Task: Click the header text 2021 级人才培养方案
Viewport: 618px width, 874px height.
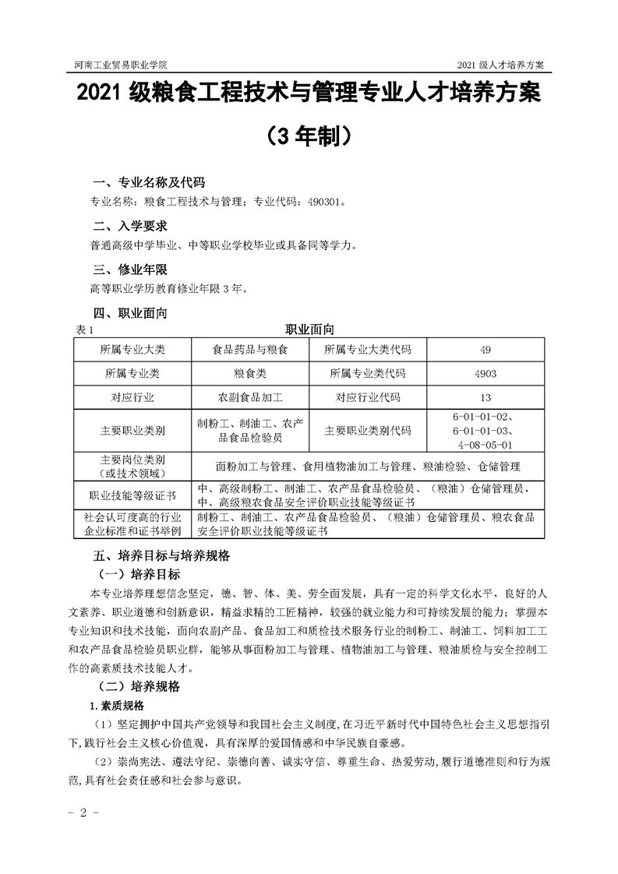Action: [x=500, y=62]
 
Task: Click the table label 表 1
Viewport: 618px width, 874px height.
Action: [x=83, y=330]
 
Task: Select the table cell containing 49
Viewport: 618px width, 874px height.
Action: [x=486, y=349]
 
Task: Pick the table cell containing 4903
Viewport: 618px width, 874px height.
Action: [x=486, y=373]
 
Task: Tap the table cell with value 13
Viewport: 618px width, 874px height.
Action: [x=486, y=397]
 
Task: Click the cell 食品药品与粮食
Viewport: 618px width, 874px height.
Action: [x=250, y=349]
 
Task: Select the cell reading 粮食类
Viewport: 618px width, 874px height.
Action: [x=250, y=373]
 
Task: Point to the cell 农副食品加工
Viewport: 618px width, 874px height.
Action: [x=250, y=397]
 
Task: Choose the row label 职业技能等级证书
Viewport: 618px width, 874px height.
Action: [x=132, y=495]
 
